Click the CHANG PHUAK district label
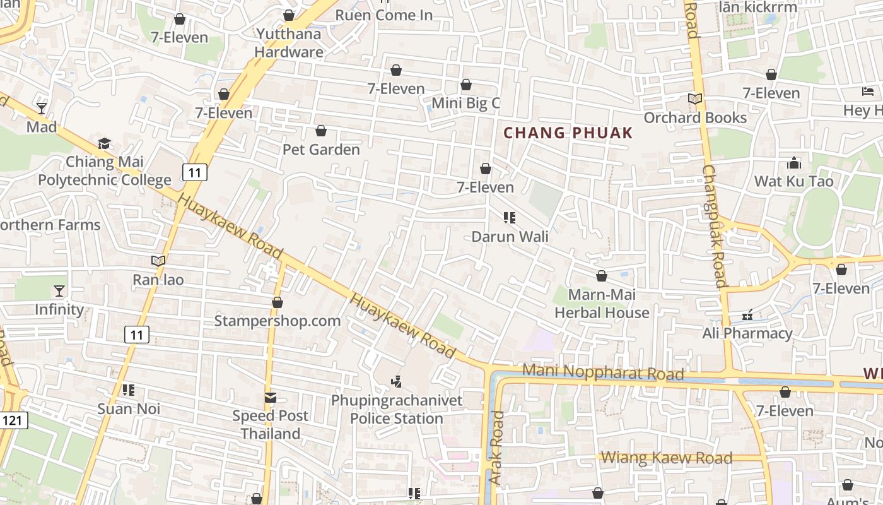pyautogui.click(x=568, y=133)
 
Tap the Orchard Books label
pyautogui.click(x=694, y=118)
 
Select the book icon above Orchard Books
pyautogui.click(x=694, y=99)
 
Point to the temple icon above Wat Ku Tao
pyautogui.click(x=794, y=163)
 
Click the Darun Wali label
pyautogui.click(x=510, y=237)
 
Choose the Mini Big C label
pyautogui.click(x=465, y=103)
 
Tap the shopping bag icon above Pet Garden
pyautogui.click(x=321, y=131)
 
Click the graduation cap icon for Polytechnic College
pyautogui.click(x=104, y=144)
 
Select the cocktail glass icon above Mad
pyautogui.click(x=42, y=109)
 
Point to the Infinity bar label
pyautogui.click(x=59, y=309)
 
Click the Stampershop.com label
pyautogui.click(x=278, y=321)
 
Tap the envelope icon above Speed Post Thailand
pyautogui.click(x=271, y=398)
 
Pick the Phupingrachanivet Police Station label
pyautogui.click(x=397, y=410)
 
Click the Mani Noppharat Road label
pyautogui.click(x=603, y=372)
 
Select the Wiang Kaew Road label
pyautogui.click(x=667, y=458)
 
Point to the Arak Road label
pyautogui.click(x=496, y=448)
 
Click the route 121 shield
pyautogui.click(x=14, y=420)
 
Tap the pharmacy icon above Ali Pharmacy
pyautogui.click(x=747, y=314)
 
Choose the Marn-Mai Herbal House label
pyautogui.click(x=602, y=304)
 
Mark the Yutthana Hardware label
pyautogui.click(x=289, y=43)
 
